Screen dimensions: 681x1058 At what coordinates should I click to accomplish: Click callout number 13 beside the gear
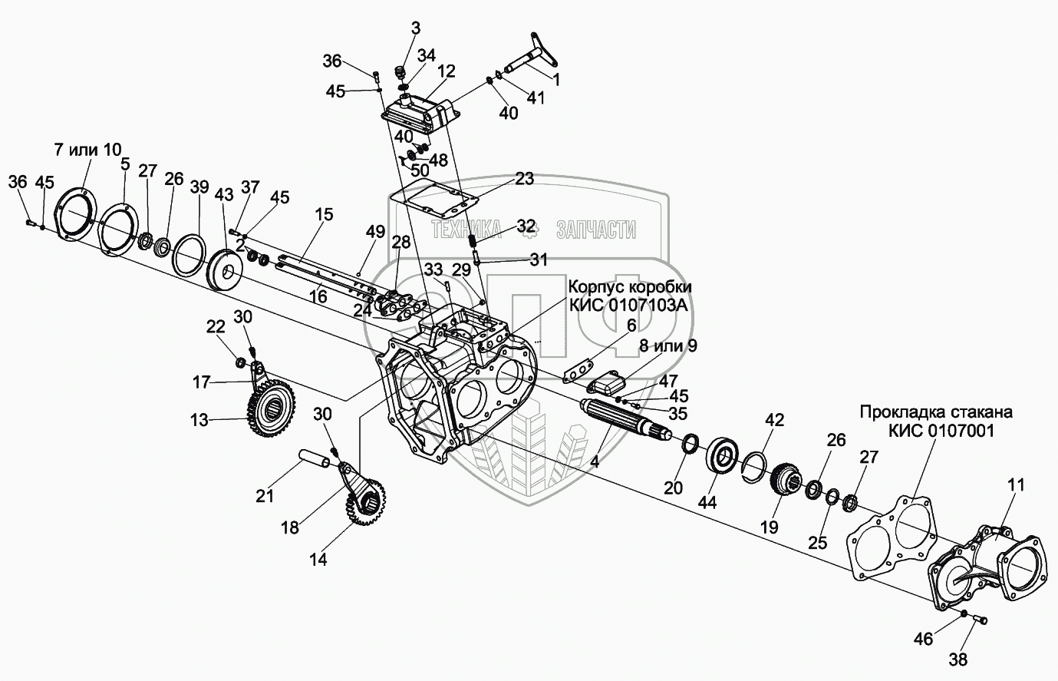coord(199,419)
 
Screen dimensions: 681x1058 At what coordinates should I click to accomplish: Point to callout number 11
coord(1016,486)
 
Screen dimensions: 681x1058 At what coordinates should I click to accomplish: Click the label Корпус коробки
coord(630,286)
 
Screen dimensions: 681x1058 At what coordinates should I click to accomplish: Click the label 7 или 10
coord(87,148)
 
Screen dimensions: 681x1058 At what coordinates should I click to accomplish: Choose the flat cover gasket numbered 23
coord(433,197)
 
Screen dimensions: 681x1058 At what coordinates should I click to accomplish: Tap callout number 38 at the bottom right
coord(958,659)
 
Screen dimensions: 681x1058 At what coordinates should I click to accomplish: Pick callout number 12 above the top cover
coord(447,71)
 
